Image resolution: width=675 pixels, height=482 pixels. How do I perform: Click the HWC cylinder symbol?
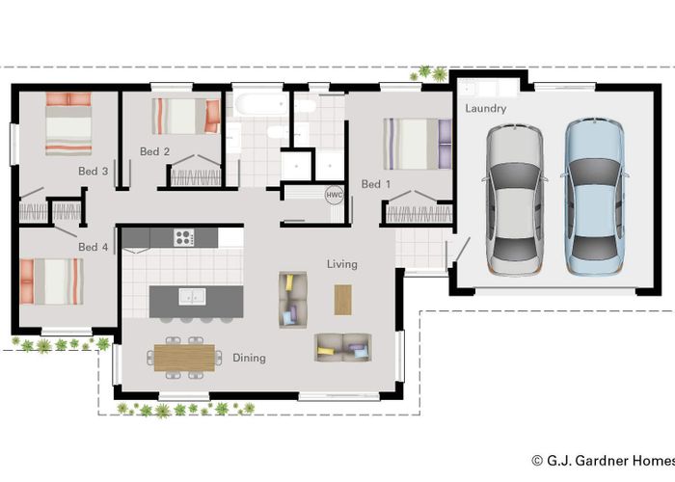point(335,194)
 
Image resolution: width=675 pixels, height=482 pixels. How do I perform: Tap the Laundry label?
point(485,109)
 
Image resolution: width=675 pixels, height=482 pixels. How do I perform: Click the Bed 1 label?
point(376,184)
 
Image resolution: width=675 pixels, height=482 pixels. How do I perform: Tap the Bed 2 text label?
point(154,151)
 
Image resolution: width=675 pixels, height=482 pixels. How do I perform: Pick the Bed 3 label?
point(93,171)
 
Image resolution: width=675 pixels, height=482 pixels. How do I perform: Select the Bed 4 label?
point(94,247)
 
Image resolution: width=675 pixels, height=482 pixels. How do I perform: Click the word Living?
point(341,264)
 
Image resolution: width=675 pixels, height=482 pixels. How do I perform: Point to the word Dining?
point(249,358)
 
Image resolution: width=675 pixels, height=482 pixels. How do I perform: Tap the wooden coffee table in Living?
point(343,299)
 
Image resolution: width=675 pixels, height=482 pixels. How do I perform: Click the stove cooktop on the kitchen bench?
point(184,236)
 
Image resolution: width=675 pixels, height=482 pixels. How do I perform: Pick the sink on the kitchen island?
point(196,297)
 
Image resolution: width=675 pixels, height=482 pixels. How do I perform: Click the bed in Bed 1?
point(415,144)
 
